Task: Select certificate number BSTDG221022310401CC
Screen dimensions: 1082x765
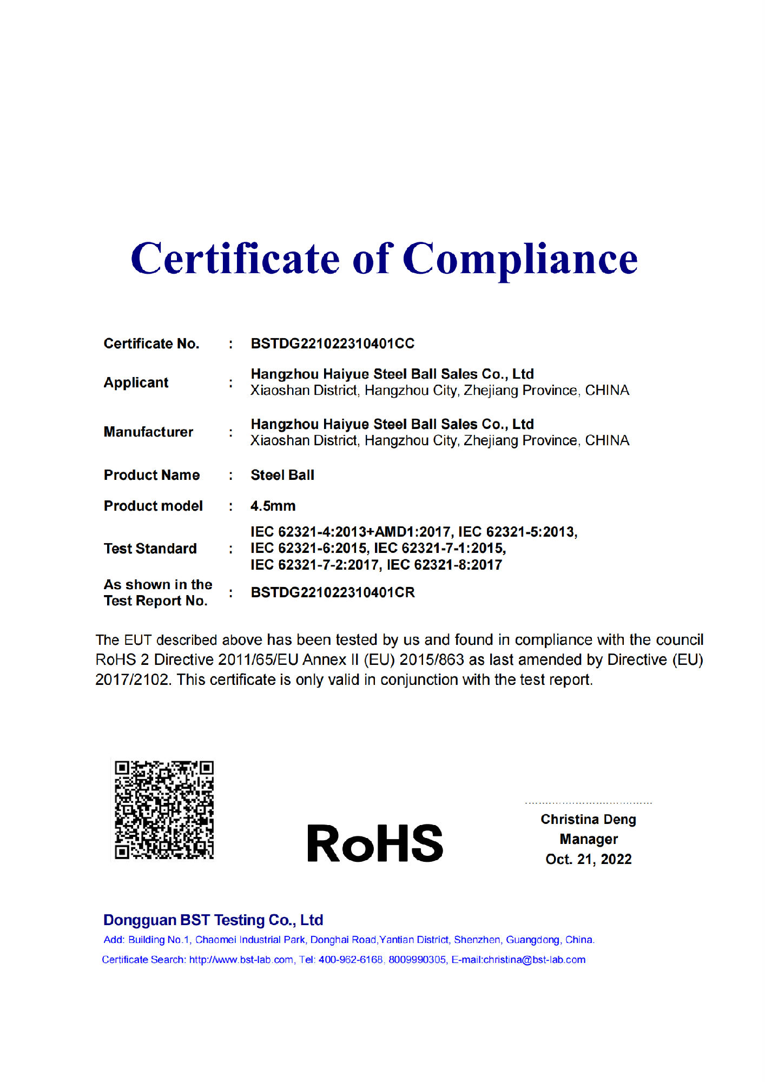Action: pyautogui.click(x=332, y=344)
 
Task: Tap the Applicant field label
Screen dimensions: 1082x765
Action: pyautogui.click(x=136, y=382)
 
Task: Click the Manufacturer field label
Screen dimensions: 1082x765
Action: pyautogui.click(x=148, y=432)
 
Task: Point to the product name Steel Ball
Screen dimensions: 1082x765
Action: pyautogui.click(x=282, y=475)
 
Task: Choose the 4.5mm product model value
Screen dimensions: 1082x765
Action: pyautogui.click(x=273, y=506)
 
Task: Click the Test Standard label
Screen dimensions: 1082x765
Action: pyautogui.click(x=150, y=549)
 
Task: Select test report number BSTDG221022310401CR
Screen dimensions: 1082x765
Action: pyautogui.click(x=332, y=592)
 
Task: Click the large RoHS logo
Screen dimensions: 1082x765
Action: pyautogui.click(x=375, y=843)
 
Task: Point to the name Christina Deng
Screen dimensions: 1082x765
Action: pyautogui.click(x=588, y=819)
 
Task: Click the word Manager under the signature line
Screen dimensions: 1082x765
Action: pyautogui.click(x=588, y=839)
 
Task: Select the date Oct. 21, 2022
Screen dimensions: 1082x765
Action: pyautogui.click(x=588, y=859)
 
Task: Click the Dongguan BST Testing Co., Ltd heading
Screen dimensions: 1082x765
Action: pyautogui.click(x=213, y=920)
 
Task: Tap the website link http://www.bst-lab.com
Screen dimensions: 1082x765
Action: pyautogui.click(x=241, y=960)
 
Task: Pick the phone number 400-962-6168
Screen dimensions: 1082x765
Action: pyautogui.click(x=350, y=960)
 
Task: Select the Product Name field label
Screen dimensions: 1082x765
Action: pyautogui.click(x=151, y=475)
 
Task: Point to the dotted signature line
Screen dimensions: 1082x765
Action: pyautogui.click(x=588, y=803)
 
